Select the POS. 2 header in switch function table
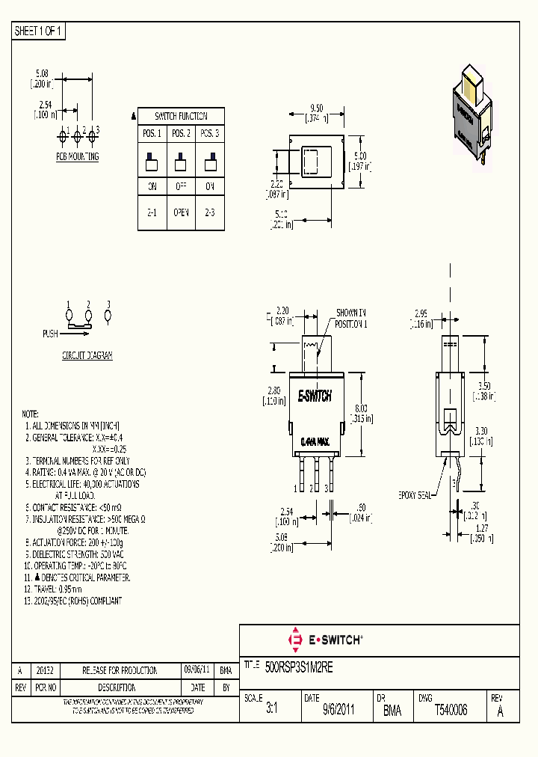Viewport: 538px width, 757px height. point(181,133)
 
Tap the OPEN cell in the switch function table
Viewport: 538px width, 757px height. point(181,212)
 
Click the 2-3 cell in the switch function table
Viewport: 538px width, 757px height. point(210,212)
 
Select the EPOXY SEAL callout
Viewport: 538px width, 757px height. point(415,494)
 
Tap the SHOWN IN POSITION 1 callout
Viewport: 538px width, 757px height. point(351,318)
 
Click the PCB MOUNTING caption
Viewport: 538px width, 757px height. point(77,157)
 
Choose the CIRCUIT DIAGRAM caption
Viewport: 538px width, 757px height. point(87,356)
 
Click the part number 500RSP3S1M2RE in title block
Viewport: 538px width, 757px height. point(299,664)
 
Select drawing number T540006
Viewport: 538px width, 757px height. point(451,711)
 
